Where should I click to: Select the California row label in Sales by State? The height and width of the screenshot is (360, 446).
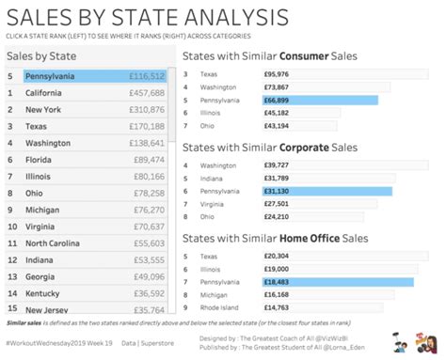click(44, 93)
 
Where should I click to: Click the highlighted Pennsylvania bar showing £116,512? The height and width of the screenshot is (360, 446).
click(94, 75)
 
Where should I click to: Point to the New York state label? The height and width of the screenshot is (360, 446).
click(43, 110)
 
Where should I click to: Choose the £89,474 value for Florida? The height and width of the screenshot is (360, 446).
click(149, 161)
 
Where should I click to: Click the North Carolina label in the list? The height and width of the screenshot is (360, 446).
click(58, 243)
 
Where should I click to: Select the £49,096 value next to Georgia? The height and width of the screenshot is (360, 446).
click(149, 276)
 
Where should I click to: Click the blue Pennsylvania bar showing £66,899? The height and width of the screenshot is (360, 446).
click(320, 99)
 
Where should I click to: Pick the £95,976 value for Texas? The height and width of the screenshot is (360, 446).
click(277, 73)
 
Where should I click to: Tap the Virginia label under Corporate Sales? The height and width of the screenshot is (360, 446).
click(214, 204)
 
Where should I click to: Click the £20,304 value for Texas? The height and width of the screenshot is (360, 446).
click(277, 256)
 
